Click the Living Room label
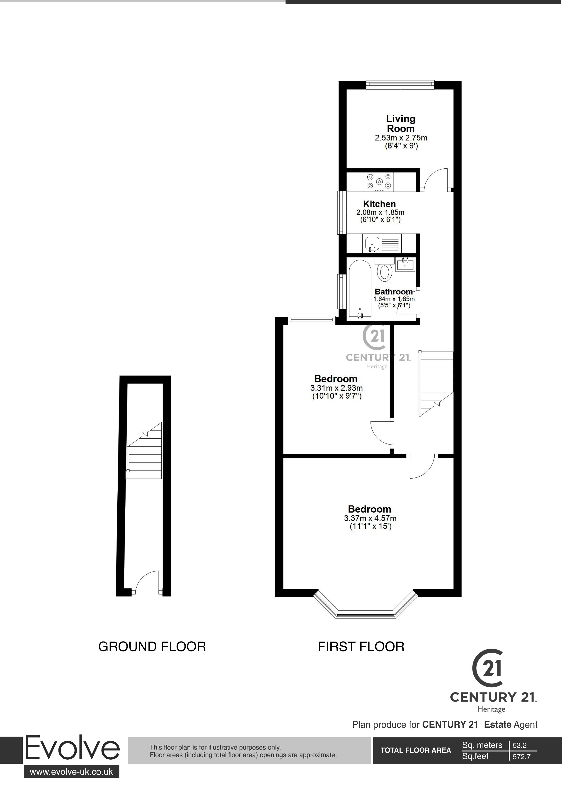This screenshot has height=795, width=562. pyautogui.click(x=401, y=124)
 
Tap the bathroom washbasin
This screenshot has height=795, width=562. pyautogui.click(x=405, y=265)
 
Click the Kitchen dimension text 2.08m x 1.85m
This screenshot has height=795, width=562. pyautogui.click(x=380, y=212)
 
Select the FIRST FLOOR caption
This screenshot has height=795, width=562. pyautogui.click(x=361, y=647)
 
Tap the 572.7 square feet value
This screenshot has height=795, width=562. pyautogui.click(x=521, y=757)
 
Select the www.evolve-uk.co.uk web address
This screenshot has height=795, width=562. pyautogui.click(x=71, y=772)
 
